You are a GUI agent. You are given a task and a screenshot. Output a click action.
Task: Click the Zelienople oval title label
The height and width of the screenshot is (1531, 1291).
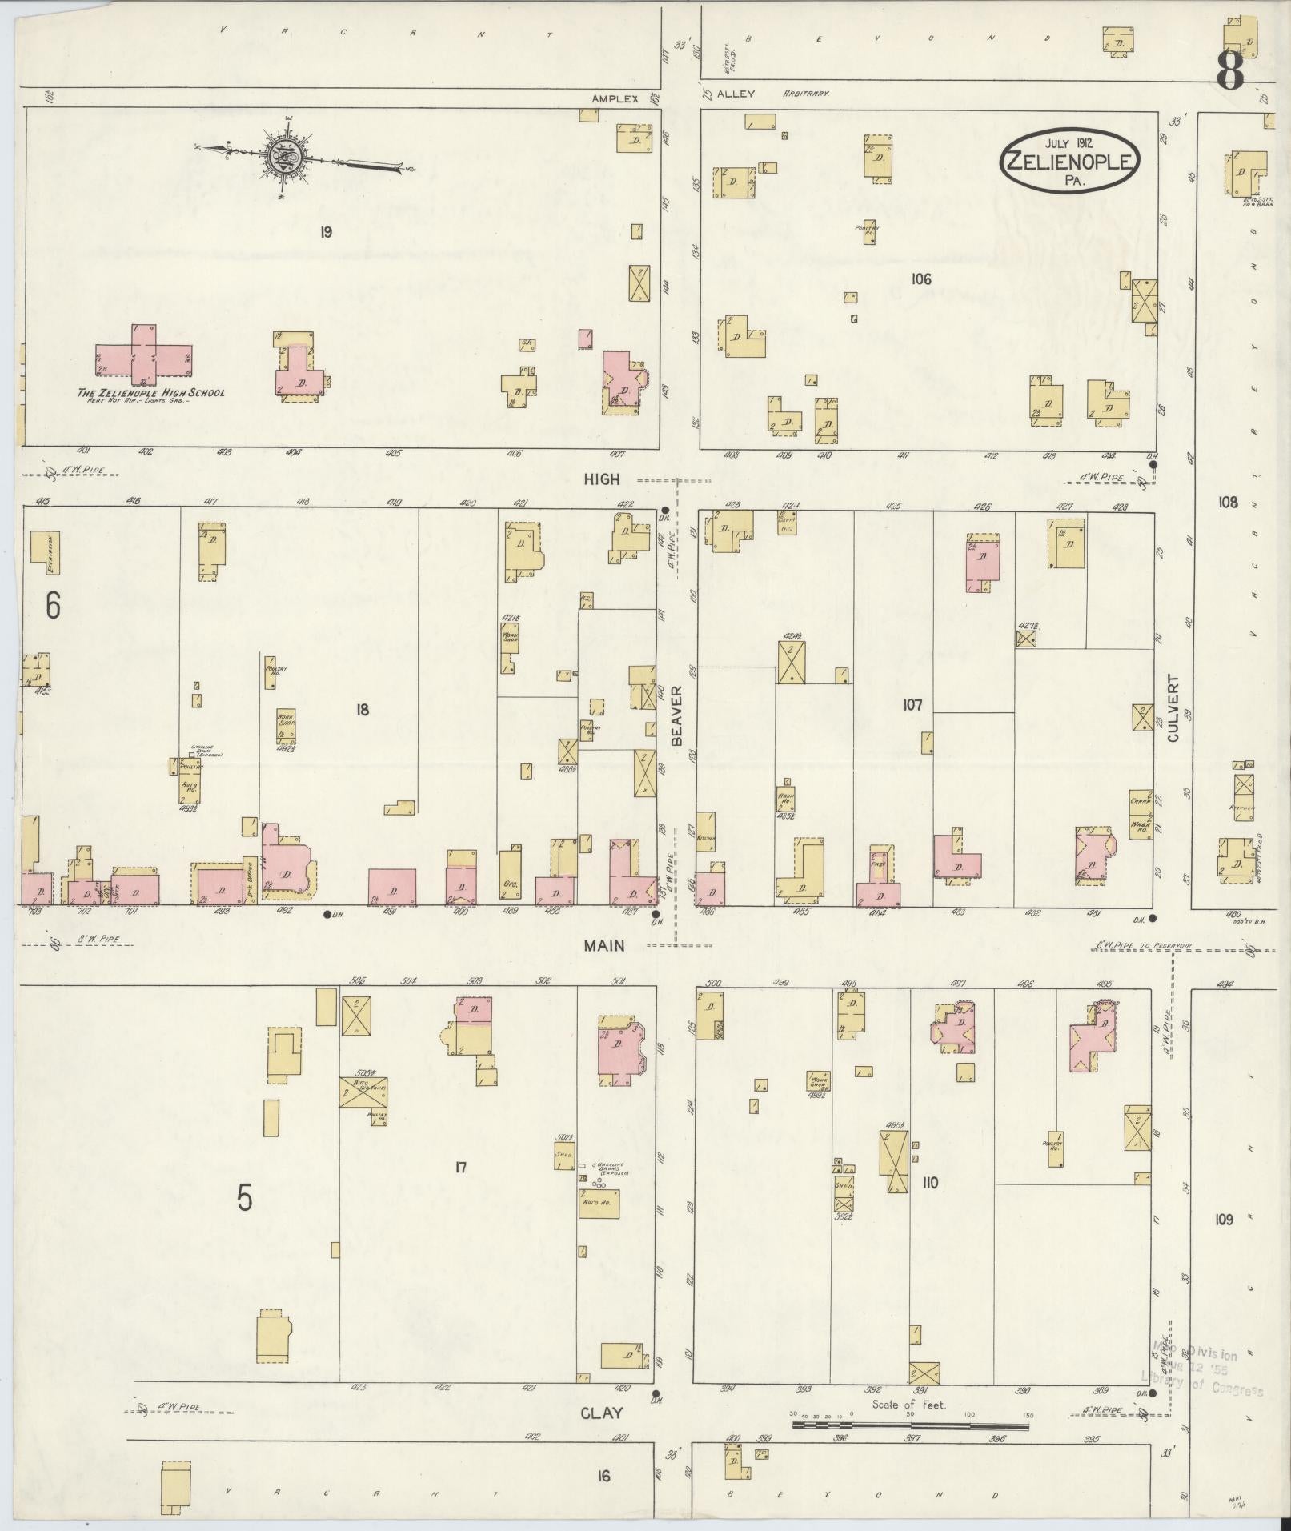(x=1068, y=161)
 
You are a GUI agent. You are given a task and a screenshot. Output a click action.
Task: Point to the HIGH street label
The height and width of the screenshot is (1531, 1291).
(x=601, y=479)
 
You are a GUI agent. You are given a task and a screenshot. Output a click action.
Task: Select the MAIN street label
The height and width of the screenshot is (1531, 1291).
(x=603, y=945)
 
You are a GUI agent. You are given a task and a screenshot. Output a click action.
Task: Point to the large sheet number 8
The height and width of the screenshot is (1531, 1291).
(x=1230, y=71)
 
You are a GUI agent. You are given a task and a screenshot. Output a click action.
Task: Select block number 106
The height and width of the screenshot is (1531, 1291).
(x=920, y=279)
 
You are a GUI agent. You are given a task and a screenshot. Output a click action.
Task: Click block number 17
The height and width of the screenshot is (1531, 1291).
(x=460, y=1168)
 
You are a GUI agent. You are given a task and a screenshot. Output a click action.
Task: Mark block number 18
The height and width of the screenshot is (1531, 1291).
(x=362, y=709)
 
